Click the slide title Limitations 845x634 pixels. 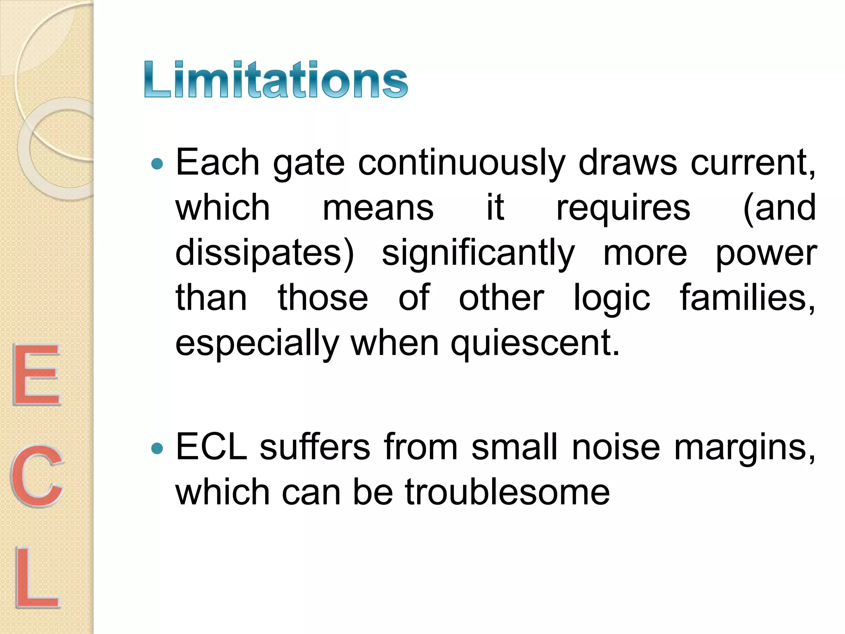(x=276, y=79)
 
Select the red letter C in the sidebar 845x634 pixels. (x=37, y=475)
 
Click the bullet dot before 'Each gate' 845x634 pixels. (x=157, y=164)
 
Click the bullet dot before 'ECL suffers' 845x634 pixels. (x=157, y=448)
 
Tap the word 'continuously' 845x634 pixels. (x=461, y=163)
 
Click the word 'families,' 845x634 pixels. (x=747, y=298)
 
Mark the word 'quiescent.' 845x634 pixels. (x=535, y=344)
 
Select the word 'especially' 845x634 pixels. (x=257, y=344)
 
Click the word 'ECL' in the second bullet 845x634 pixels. (x=211, y=447)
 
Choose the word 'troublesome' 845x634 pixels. (x=507, y=492)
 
